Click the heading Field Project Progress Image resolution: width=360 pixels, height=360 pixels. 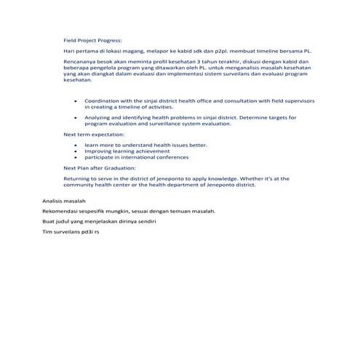pos(93,40)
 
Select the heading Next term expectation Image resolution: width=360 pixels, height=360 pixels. pos(94,135)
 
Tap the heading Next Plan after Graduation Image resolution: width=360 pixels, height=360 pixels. pos(100,167)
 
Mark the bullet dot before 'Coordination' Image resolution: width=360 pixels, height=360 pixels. pos(76,101)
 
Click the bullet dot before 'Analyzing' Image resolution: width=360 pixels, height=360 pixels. pos(76,117)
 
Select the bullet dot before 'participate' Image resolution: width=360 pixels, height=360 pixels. pos(76,157)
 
